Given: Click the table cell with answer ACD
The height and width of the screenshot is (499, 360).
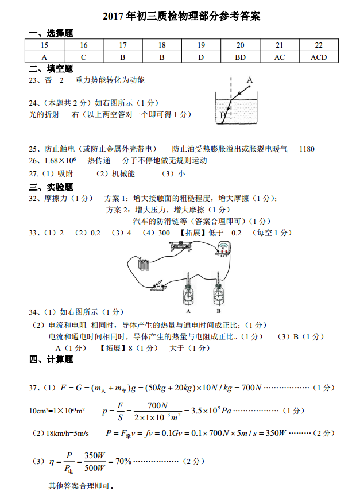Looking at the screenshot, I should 319,57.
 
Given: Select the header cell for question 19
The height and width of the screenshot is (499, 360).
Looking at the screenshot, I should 201,45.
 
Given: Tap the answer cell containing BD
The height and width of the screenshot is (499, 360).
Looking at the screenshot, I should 240,57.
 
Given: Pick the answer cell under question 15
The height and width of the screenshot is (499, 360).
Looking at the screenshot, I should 44,57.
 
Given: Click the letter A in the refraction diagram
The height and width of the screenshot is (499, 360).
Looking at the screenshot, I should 250,80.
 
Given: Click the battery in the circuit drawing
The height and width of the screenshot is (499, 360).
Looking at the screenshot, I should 144,265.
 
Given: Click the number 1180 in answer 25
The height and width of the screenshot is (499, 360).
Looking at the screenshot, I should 307,149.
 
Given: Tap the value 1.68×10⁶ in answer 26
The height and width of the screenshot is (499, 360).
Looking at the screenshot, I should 60,160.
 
